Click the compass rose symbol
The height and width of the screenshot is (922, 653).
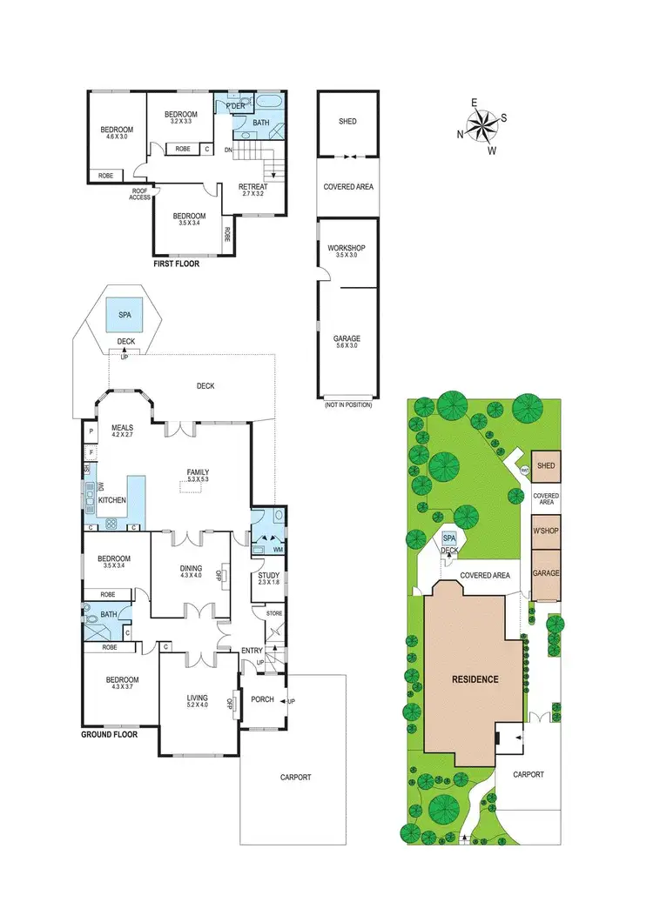click(x=482, y=126)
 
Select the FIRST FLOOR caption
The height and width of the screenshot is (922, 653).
click(x=175, y=262)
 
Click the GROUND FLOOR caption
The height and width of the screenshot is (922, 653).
click(x=113, y=734)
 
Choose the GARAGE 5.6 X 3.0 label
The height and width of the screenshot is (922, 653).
click(x=347, y=343)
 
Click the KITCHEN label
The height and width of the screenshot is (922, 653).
click(x=112, y=500)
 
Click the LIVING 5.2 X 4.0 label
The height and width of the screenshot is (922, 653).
click(x=198, y=701)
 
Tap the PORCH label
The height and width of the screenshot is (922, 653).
click(x=262, y=699)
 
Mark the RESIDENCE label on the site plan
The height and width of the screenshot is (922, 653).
click(x=475, y=678)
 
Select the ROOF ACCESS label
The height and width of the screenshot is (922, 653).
click(x=140, y=194)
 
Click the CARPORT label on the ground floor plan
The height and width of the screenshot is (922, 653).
click(x=294, y=778)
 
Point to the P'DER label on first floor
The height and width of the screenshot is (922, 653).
click(x=234, y=105)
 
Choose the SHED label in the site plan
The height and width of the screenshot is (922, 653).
click(x=546, y=466)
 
